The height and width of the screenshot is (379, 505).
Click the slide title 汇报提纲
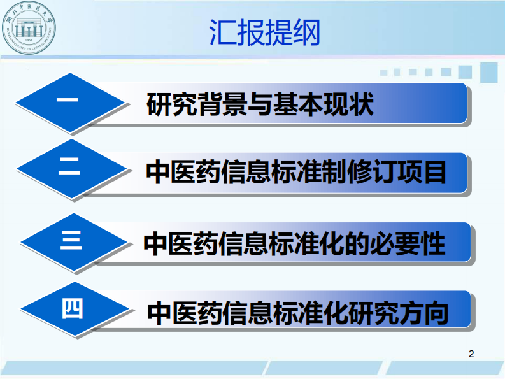(264, 32)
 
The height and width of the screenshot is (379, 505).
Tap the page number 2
(471, 354)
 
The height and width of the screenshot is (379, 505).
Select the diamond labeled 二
(70, 171)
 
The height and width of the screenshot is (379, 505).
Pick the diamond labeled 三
(72, 241)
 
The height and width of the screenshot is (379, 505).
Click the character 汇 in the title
(222, 32)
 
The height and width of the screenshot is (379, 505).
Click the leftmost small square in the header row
(384, 73)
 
